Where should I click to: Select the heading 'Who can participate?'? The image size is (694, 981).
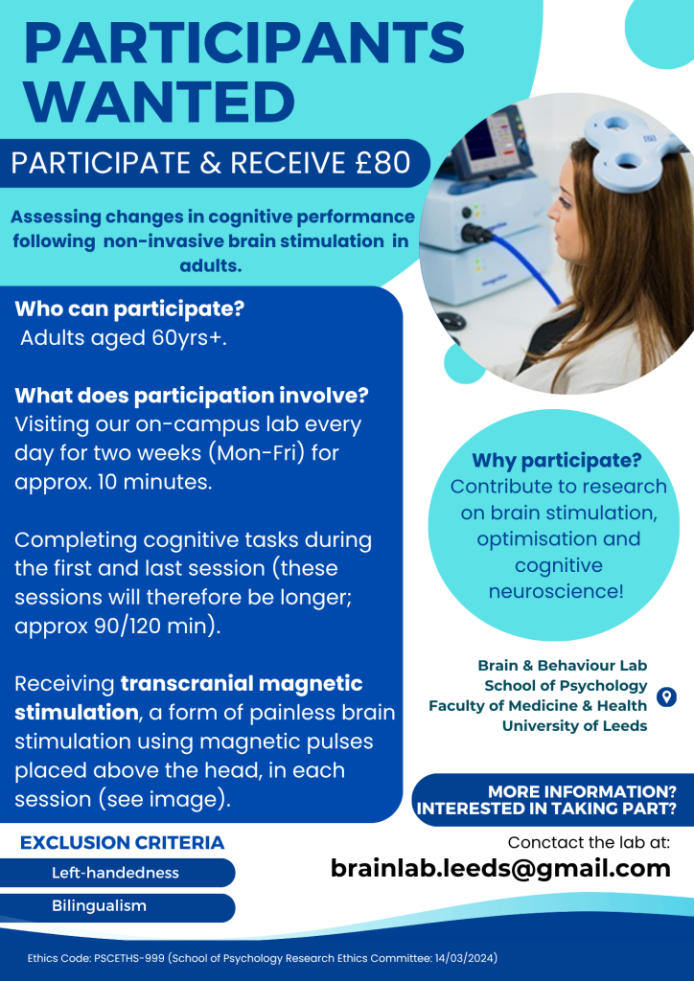(129, 309)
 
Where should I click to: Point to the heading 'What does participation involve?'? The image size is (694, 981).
(192, 396)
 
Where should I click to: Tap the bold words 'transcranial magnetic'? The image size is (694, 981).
(242, 683)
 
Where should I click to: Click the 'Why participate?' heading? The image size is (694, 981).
(557, 461)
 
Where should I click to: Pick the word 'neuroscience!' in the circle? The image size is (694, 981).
(556, 591)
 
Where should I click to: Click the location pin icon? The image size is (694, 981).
(666, 696)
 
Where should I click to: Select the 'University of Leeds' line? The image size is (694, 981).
(574, 726)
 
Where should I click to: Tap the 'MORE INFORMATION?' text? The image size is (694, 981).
(582, 791)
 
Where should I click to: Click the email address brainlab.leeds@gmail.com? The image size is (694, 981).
(500, 868)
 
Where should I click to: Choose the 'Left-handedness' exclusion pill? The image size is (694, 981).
(117, 873)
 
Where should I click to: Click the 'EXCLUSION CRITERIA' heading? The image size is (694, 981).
(122, 843)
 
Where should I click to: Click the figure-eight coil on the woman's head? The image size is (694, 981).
(626, 146)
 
